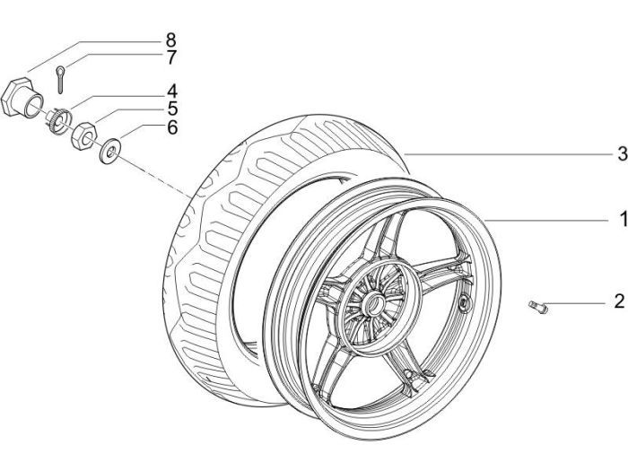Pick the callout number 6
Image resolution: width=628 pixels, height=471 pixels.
[x=170, y=128]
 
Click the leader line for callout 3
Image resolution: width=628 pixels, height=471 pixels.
[x=502, y=155]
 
